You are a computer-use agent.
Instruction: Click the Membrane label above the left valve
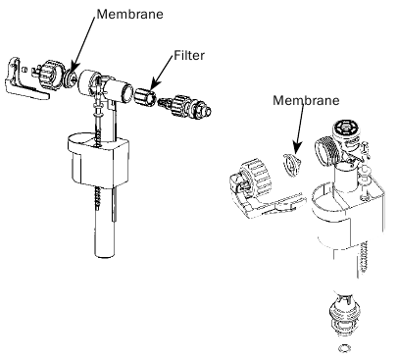coord(129,14)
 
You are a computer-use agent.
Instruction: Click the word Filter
coord(189,55)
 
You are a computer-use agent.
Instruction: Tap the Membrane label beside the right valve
coord(306,100)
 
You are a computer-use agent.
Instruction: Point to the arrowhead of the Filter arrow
coord(154,84)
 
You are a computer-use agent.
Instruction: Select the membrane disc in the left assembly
coord(71,77)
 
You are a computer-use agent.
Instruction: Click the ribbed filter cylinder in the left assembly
coord(145,97)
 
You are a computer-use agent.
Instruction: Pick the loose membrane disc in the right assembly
coord(292,165)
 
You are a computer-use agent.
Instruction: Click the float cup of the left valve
coord(98,159)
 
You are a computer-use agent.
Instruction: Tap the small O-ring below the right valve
coord(343,348)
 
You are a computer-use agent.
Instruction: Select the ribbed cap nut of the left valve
coord(50,75)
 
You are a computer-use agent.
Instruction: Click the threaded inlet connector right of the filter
coord(185,106)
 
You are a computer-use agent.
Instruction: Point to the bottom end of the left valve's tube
coord(105,255)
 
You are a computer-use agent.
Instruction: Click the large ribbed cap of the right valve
coord(256,177)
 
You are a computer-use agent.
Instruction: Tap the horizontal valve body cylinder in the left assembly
coord(105,86)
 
